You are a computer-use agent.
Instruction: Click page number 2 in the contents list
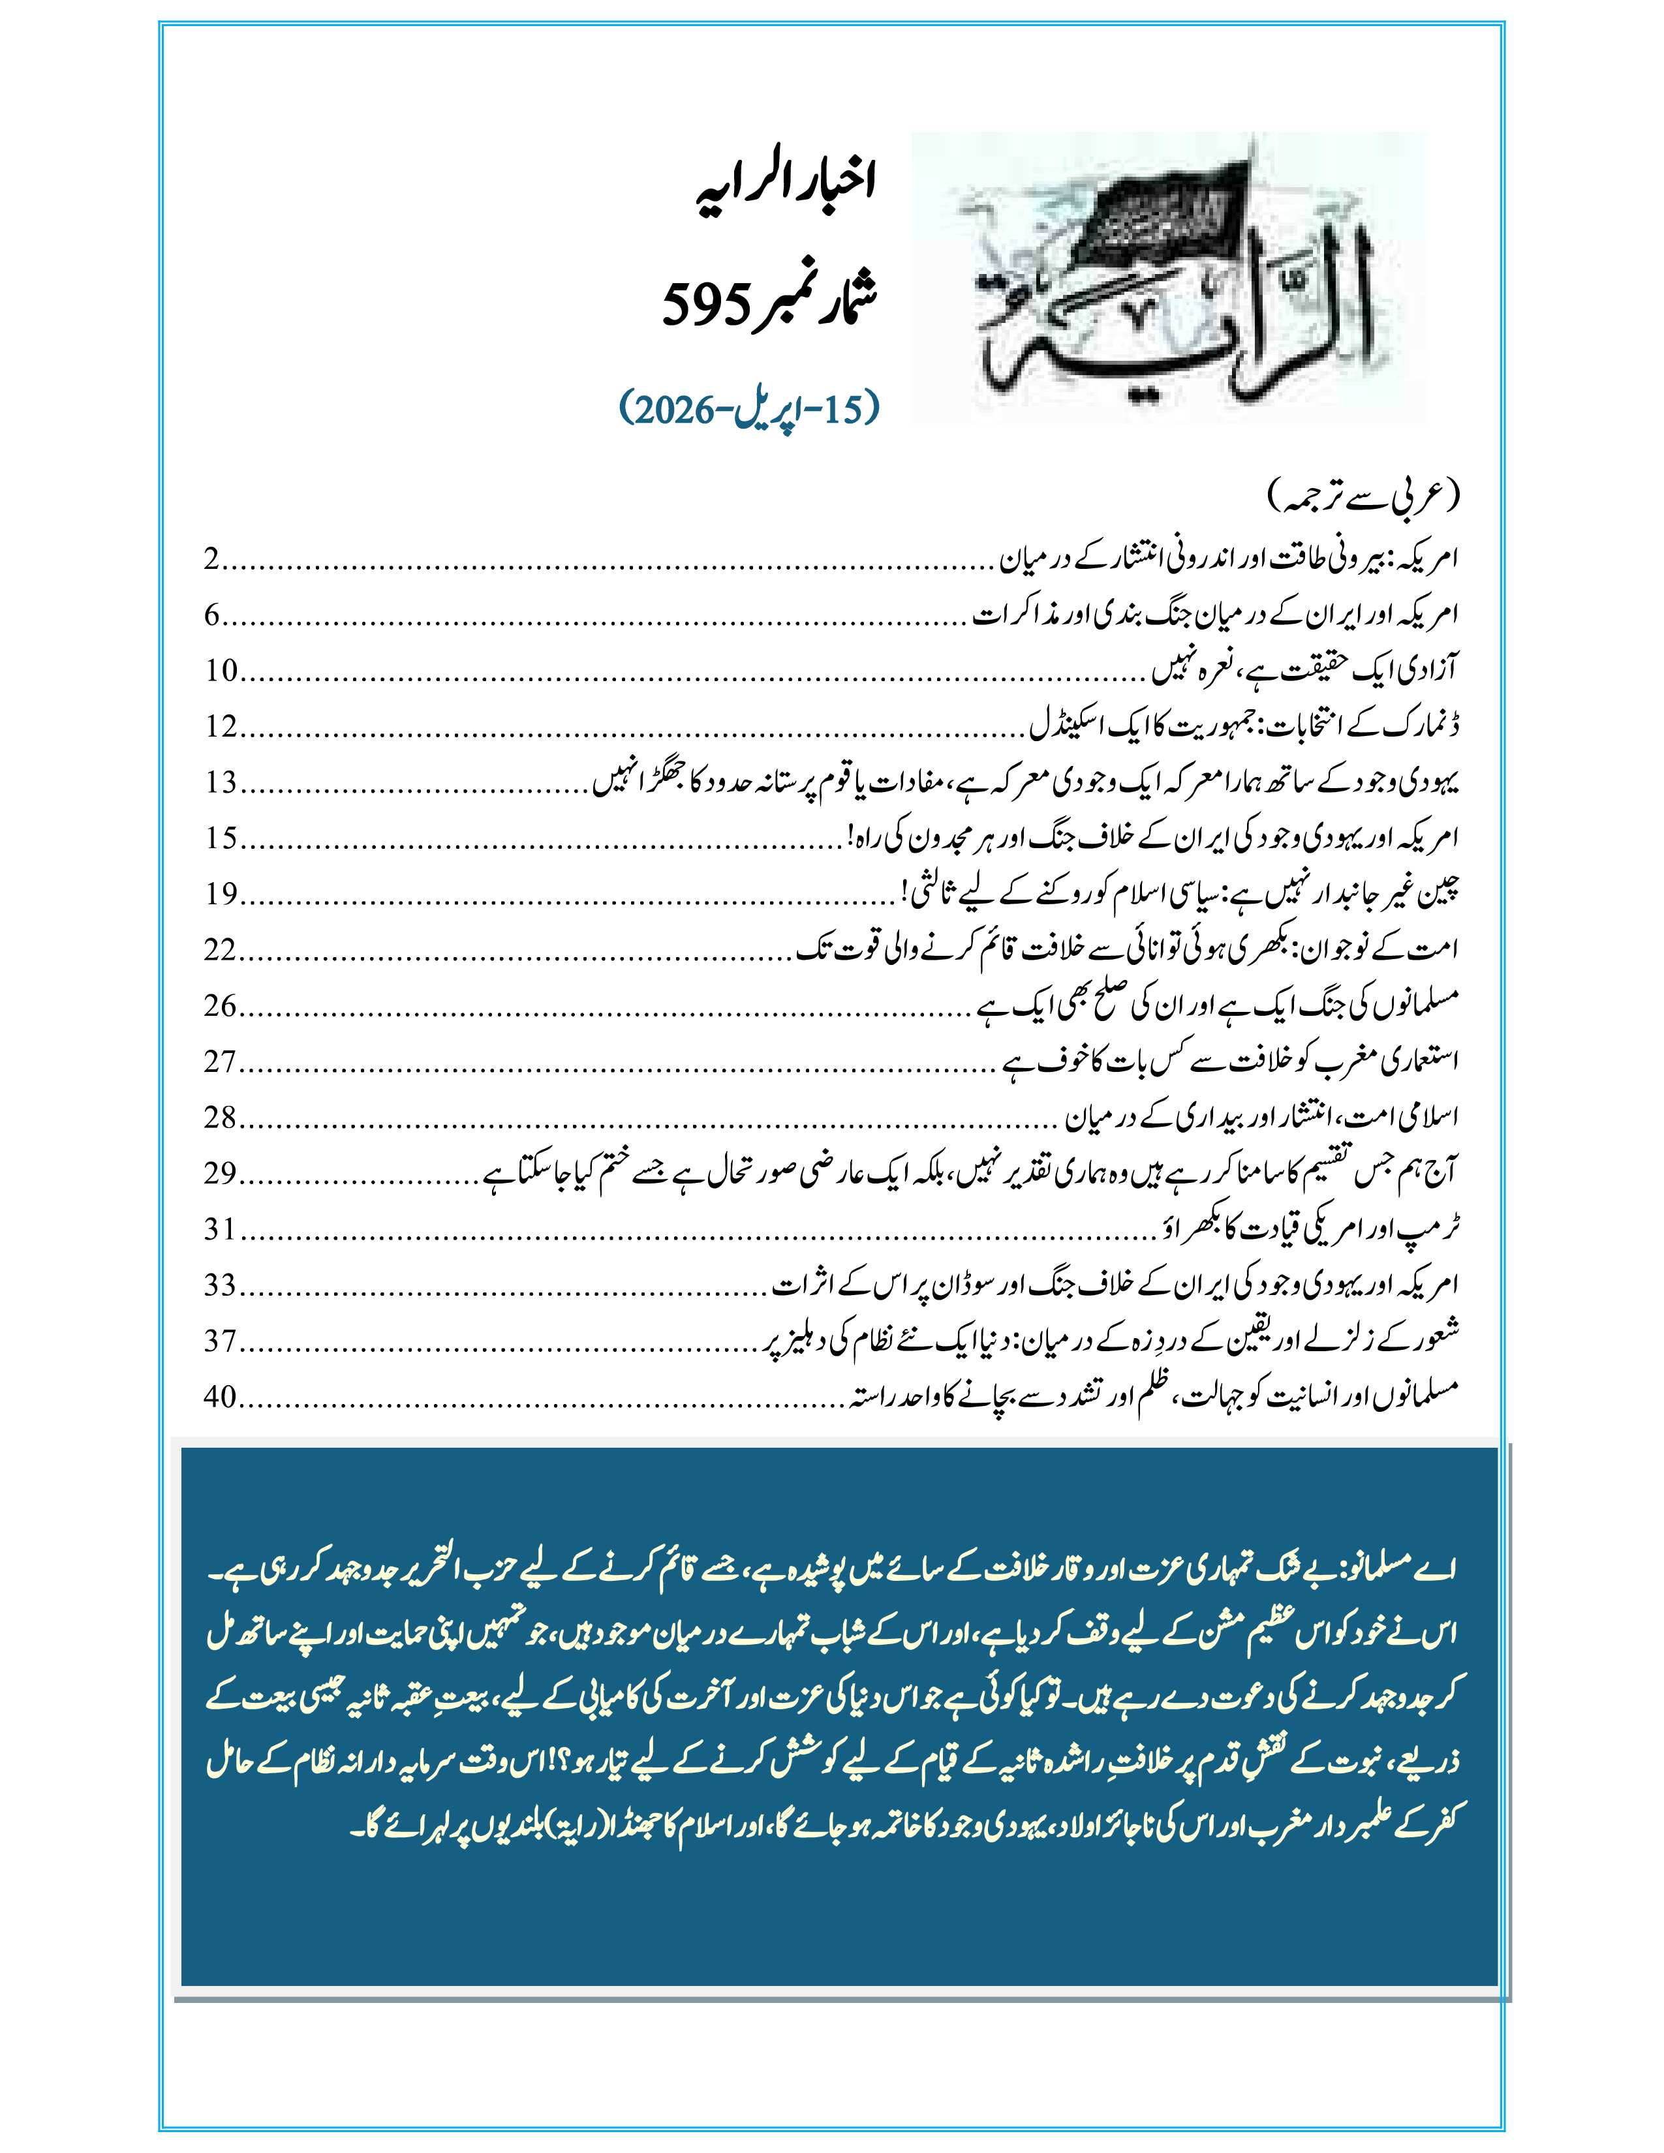tap(210, 561)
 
